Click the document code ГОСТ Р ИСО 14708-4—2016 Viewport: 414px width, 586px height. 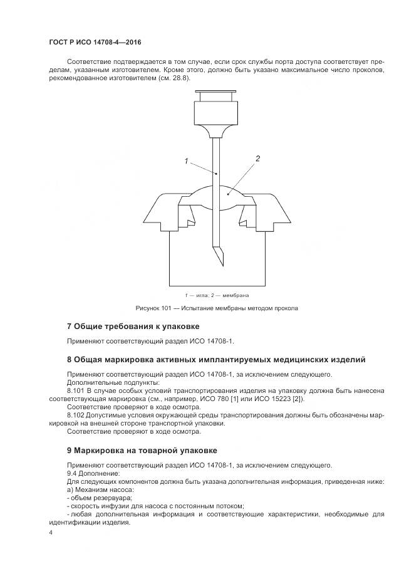point(95,42)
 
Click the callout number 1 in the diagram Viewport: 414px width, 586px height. point(187,162)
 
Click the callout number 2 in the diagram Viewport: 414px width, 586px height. point(257,159)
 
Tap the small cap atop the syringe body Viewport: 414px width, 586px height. point(215,97)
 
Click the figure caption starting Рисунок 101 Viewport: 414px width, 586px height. point(217,308)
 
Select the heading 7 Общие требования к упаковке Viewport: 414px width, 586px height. point(133,326)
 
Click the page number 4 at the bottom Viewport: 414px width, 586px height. point(51,533)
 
